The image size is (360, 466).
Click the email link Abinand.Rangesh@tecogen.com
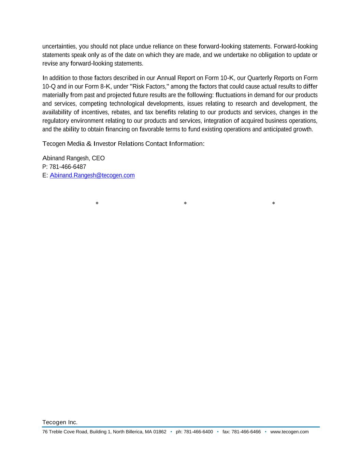[x=92, y=175]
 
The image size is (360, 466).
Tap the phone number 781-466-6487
[x=68, y=167]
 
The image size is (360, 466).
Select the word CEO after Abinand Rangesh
[x=98, y=158]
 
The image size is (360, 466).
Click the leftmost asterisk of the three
[x=97, y=204]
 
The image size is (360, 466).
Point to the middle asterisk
[x=185, y=204]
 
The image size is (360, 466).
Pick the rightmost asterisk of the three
[x=274, y=204]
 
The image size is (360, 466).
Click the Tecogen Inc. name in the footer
[x=60, y=422]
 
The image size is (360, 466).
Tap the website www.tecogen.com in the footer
[x=289, y=432]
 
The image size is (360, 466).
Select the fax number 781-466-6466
[x=246, y=432]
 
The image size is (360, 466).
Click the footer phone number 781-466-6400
[x=198, y=432]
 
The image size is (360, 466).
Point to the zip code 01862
[x=160, y=432]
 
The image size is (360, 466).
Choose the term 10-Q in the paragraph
[x=49, y=87]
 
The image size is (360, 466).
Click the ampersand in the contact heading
[x=89, y=144]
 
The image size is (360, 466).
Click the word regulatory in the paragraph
[x=56, y=121]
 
